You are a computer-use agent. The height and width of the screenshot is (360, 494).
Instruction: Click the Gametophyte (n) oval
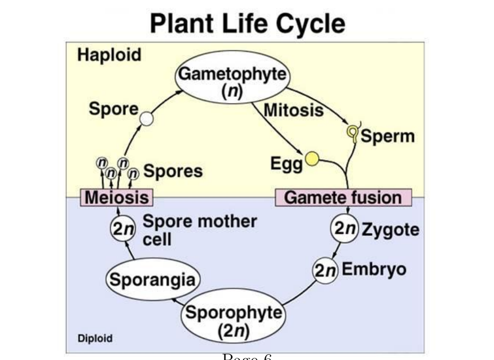coord(232,77)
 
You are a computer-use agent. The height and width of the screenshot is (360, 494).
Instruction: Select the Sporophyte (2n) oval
coord(233,315)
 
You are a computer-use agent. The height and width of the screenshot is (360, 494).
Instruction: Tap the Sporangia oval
coord(153,279)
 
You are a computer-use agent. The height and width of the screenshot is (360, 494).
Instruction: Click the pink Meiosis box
coord(117,198)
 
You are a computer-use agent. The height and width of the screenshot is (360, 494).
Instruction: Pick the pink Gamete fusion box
coord(343,198)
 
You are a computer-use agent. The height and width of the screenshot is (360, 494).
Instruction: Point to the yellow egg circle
coord(312,159)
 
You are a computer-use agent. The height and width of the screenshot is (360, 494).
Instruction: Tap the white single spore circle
coord(146,119)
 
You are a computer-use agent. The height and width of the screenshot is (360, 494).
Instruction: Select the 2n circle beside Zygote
coord(345,228)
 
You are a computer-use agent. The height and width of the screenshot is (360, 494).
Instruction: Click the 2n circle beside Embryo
coord(325,270)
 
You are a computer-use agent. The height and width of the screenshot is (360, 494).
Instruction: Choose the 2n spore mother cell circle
coord(123,228)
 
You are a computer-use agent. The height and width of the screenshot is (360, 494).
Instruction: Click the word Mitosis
coord(293,110)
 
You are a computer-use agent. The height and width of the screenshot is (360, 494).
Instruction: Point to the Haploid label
coord(109,55)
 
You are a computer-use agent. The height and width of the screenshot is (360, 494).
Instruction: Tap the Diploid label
coord(95,338)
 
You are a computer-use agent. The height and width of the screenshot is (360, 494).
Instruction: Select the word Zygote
coord(391,230)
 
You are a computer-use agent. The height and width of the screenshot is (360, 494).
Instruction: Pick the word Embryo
coord(374,270)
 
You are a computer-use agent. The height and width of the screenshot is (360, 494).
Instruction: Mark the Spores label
coord(173,171)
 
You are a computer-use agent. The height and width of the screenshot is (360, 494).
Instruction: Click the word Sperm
coord(387,136)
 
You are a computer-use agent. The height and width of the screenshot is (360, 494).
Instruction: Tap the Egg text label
coord(287,164)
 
